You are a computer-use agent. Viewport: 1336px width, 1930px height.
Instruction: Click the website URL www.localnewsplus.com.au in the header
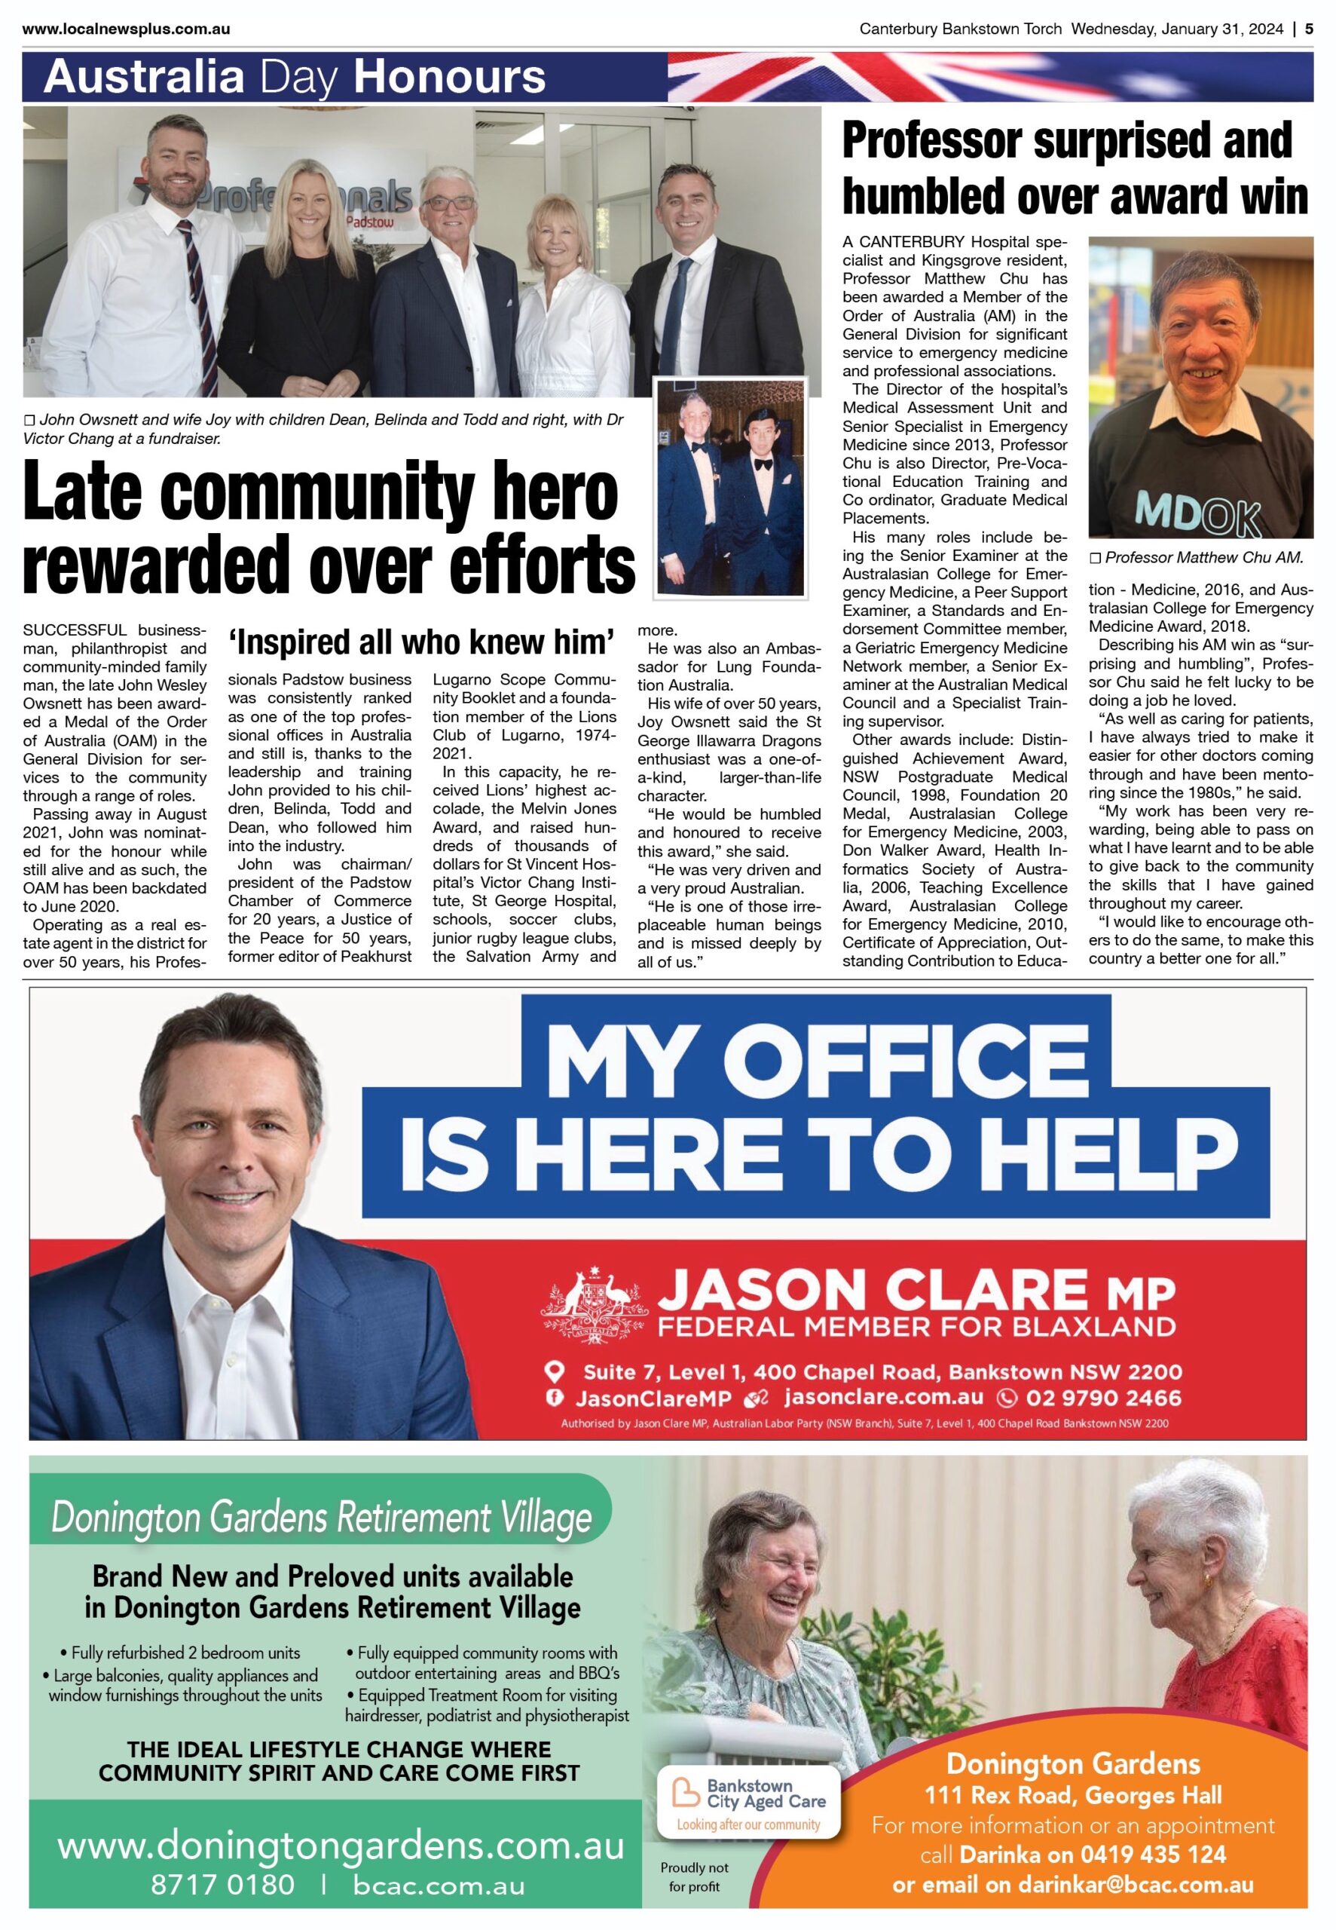pyautogui.click(x=127, y=29)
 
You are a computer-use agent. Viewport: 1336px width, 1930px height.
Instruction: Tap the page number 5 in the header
pyautogui.click(x=1309, y=29)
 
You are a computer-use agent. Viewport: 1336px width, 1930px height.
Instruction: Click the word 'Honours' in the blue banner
pyautogui.click(x=450, y=77)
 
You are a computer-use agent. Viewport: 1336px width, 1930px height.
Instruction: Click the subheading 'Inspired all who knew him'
pyautogui.click(x=422, y=642)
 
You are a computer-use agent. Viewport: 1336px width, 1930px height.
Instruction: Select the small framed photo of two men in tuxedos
pyautogui.click(x=731, y=487)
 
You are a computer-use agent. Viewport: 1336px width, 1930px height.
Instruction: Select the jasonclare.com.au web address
pyautogui.click(x=883, y=1397)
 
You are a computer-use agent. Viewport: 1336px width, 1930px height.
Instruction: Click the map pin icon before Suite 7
pyautogui.click(x=554, y=1371)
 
